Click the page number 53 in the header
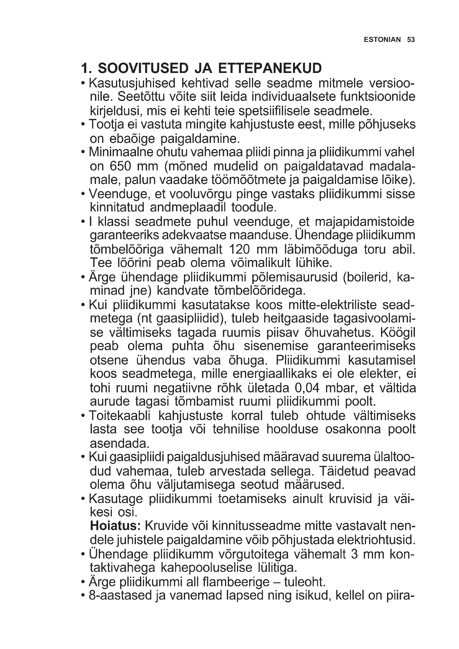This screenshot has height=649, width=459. coord(411,40)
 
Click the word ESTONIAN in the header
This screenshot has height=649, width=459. coord(382,40)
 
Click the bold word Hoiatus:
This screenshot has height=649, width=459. coord(115,526)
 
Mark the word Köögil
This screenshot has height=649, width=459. coord(398,333)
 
